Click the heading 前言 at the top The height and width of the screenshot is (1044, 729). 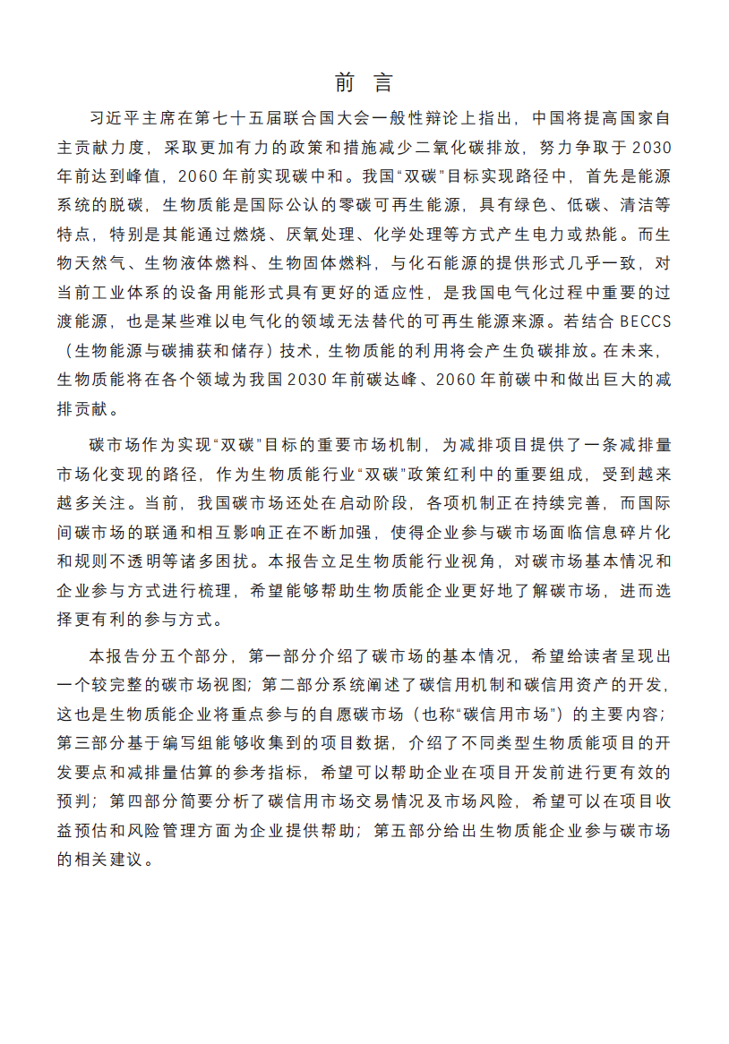364,83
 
